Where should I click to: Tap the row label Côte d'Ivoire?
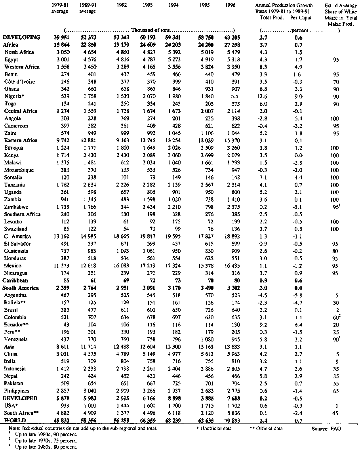[x=20, y=82]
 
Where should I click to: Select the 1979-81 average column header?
[x=60, y=8]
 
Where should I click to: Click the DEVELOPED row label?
[x=20, y=398]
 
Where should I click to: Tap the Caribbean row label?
[x=16, y=280]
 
